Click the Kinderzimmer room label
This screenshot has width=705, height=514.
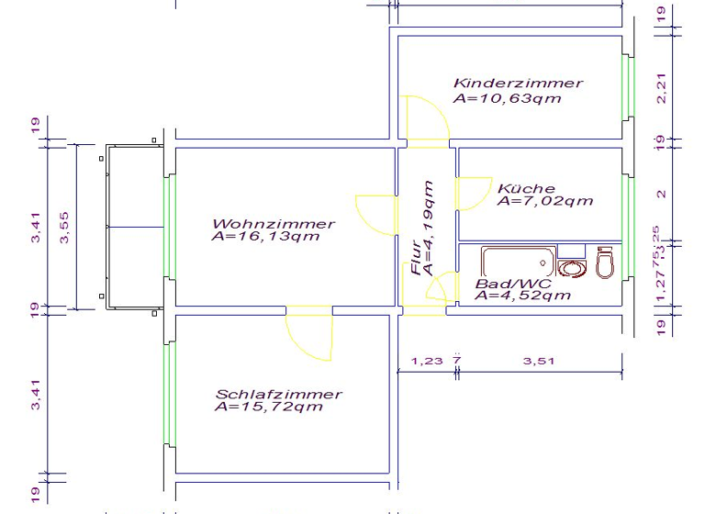pos(518,83)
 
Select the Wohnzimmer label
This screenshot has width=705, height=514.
pos(274,224)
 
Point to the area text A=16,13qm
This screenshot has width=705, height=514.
pos(265,237)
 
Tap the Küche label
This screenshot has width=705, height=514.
pos(525,188)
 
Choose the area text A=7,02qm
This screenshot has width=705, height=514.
pos(544,201)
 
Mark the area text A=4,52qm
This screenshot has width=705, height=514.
pos(523,296)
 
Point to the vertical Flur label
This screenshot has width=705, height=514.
pos(416,258)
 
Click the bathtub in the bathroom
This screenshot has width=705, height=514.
pos(518,263)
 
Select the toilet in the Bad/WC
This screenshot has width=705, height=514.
pos(604,263)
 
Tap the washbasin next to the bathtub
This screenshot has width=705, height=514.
pos(573,268)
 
